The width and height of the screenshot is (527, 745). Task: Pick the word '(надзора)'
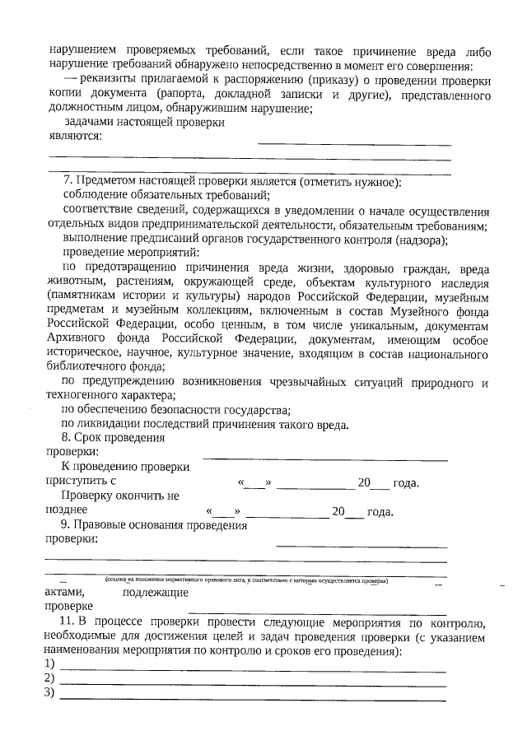(x=420, y=240)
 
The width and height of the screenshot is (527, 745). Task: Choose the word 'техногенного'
(x=86, y=395)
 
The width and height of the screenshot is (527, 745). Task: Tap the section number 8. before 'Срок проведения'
(x=68, y=438)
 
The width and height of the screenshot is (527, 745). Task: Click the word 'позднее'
(x=67, y=510)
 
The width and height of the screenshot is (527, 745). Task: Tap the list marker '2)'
(x=50, y=678)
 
